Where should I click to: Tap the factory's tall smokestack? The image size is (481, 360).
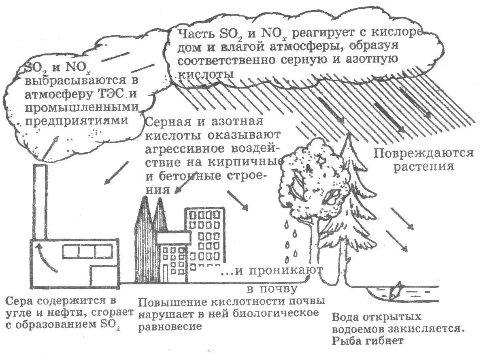[x=39, y=202]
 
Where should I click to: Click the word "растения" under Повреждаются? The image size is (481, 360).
[x=424, y=166]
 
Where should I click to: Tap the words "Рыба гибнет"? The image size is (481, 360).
[x=367, y=341]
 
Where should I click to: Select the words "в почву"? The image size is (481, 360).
[x=272, y=289]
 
